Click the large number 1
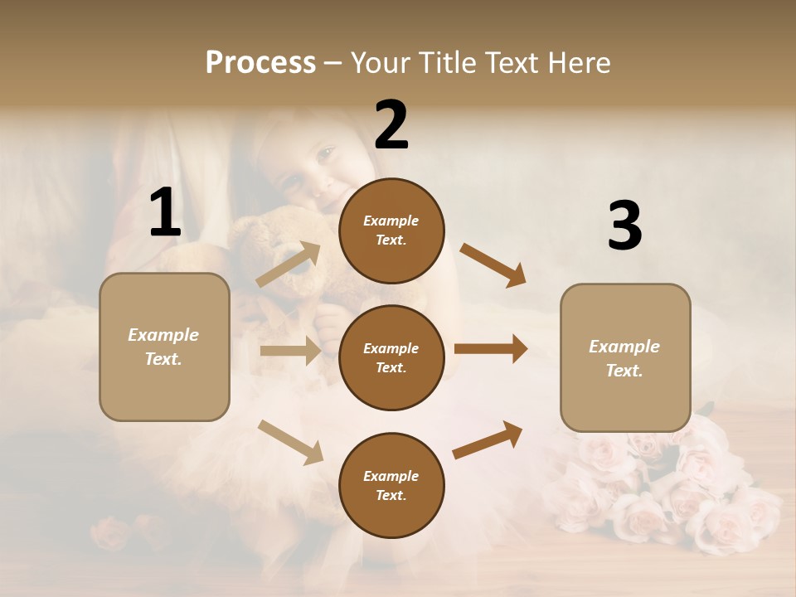(165, 213)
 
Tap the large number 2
(391, 125)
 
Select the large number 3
(624, 226)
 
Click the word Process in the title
(260, 62)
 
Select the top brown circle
(391, 231)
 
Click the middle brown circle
(391, 357)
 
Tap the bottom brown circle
(391, 485)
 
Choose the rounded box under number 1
(164, 347)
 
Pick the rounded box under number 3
(625, 358)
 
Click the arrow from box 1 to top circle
(289, 265)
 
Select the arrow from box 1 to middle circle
(290, 351)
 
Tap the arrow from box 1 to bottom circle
(290, 442)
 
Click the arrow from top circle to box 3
(493, 265)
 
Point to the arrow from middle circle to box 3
(490, 349)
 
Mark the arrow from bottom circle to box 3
(488, 439)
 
